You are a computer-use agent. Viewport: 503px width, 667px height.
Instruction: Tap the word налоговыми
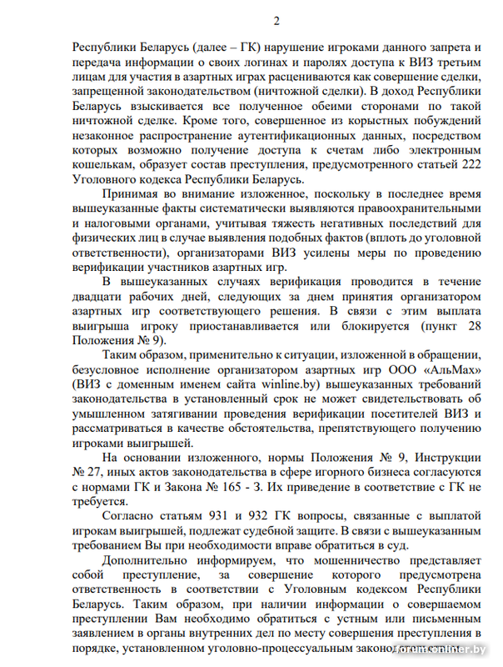pos(125,224)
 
